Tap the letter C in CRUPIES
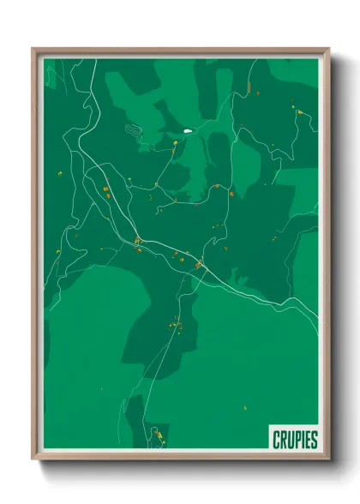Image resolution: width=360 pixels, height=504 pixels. click(x=277, y=440)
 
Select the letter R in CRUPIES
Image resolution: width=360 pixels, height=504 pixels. click(x=284, y=440)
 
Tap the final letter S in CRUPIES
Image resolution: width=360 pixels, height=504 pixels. click(x=315, y=440)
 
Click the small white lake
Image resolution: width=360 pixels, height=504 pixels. click(x=186, y=131)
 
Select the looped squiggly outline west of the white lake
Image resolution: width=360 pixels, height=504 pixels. click(x=135, y=129)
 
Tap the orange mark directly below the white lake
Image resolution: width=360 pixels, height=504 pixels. click(x=176, y=147)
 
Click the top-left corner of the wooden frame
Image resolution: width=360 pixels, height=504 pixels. click(x=33, y=49)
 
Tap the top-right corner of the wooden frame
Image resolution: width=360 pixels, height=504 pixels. click(x=328, y=49)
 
